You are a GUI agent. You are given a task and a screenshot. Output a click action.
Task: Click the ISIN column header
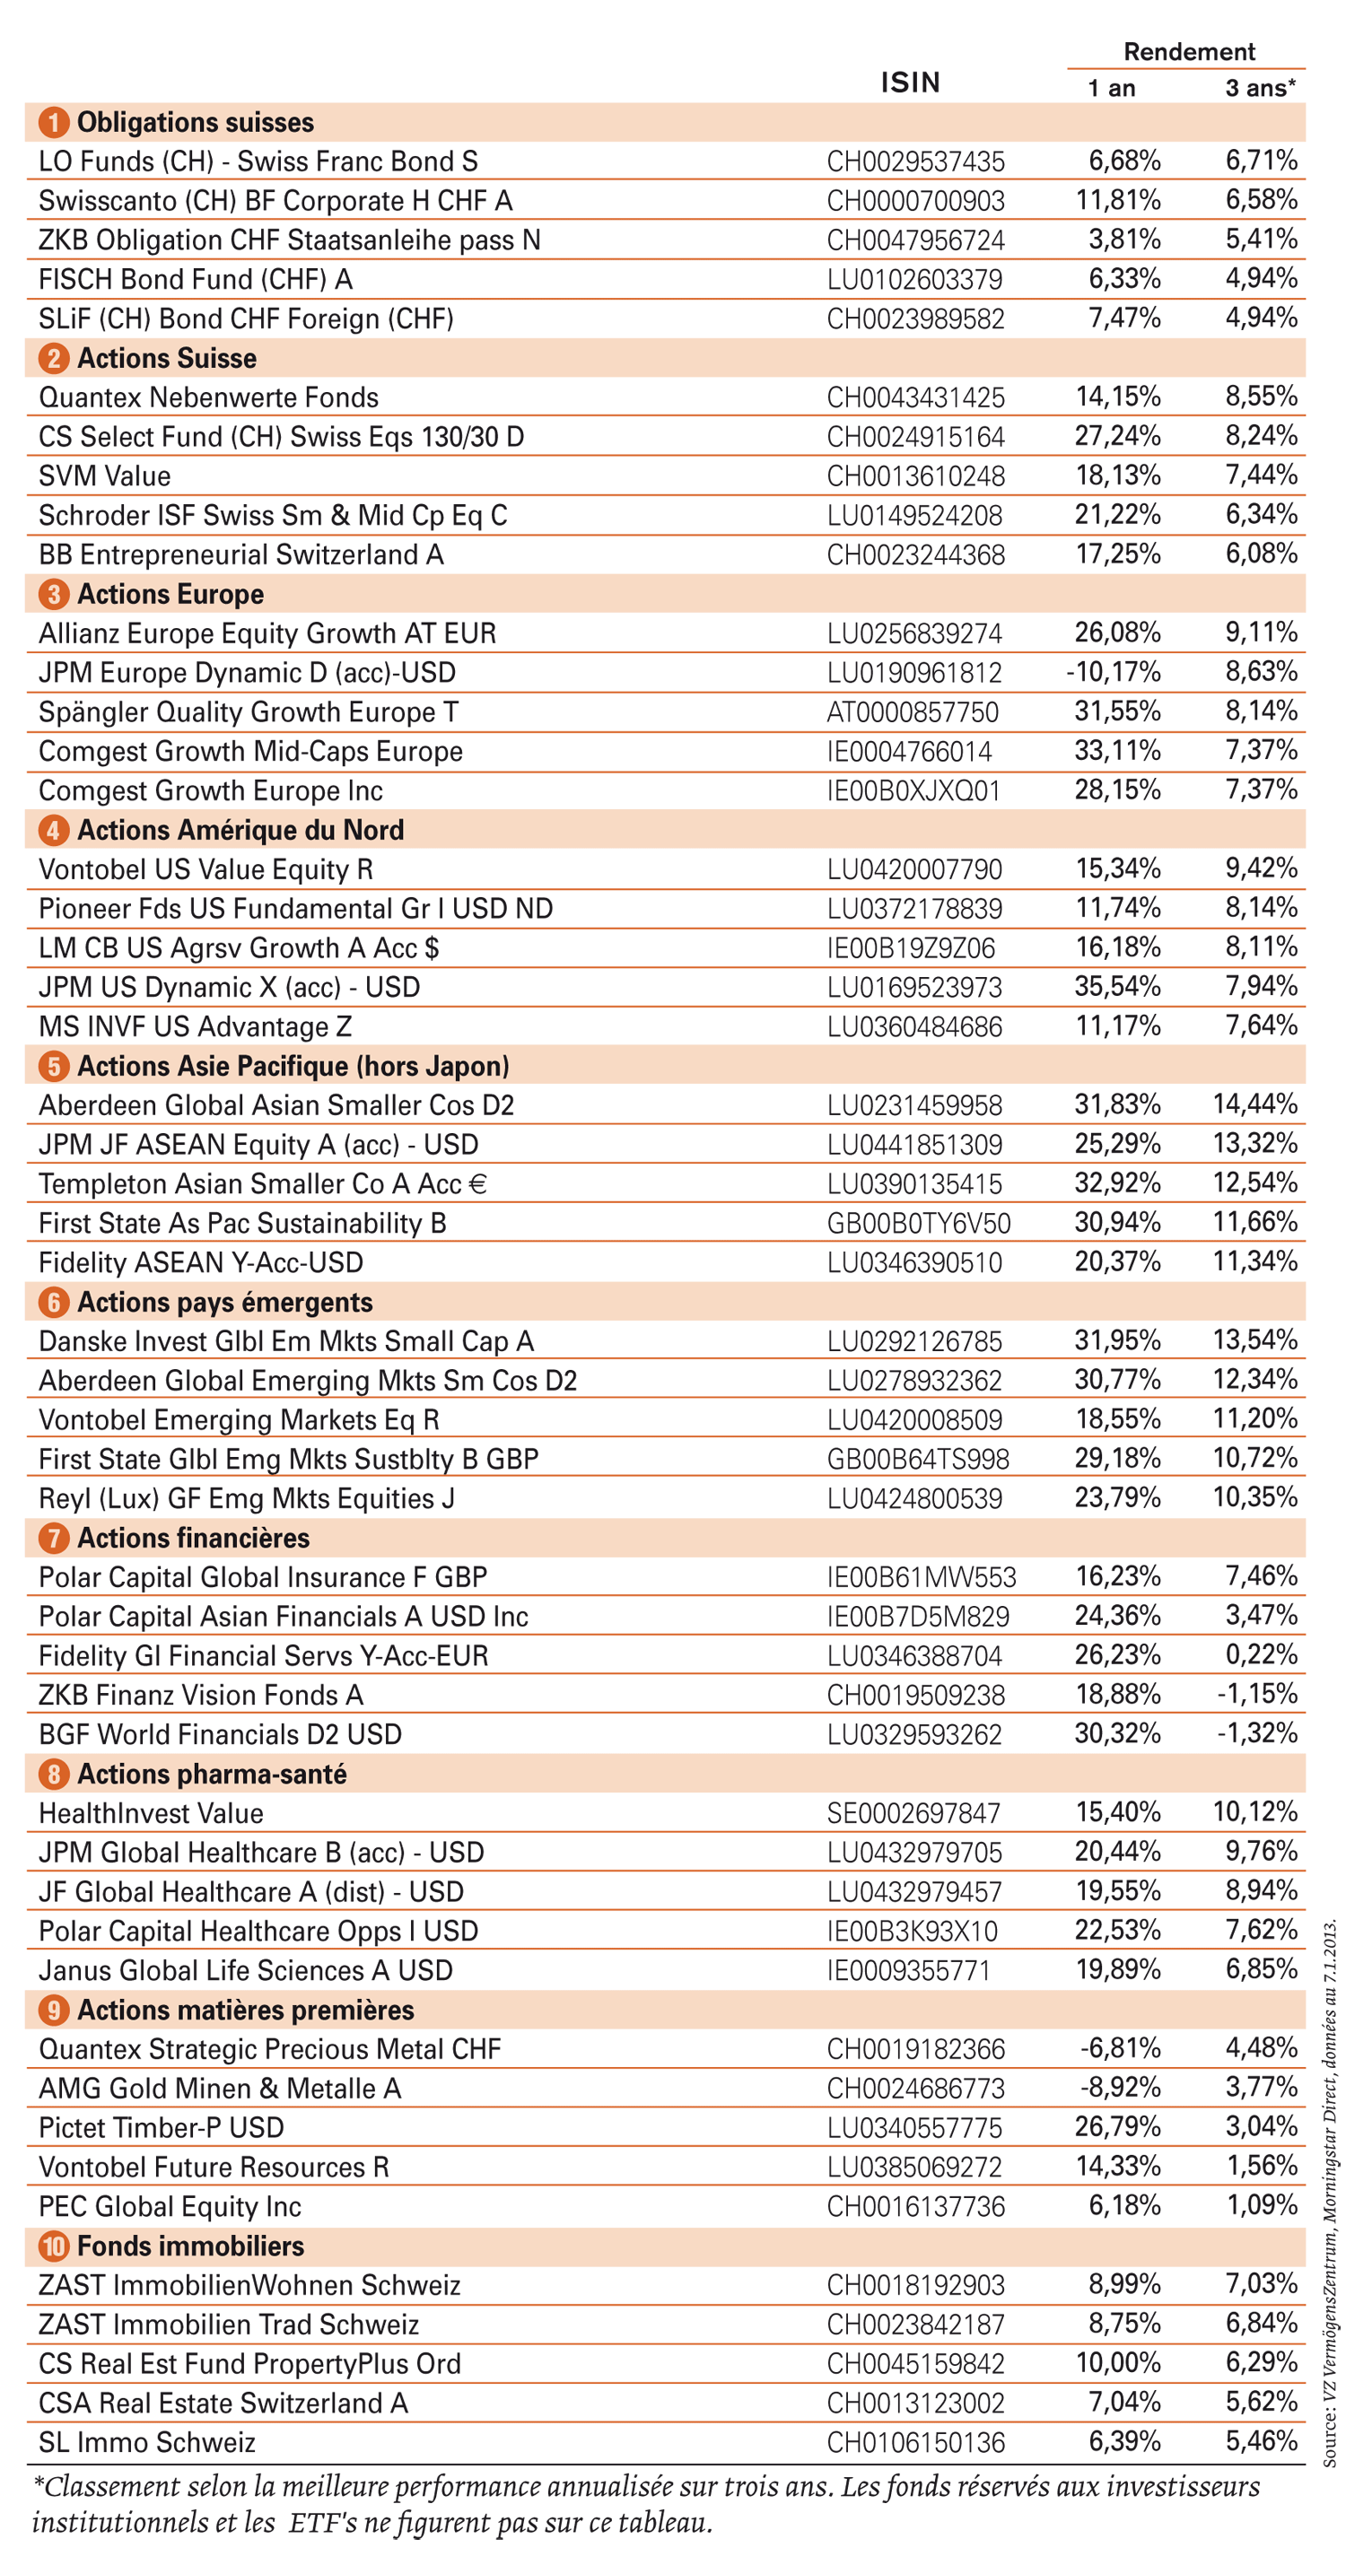pyautogui.click(x=910, y=83)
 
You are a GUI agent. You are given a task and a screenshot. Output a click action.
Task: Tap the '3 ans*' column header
pyautogui.click(x=1261, y=88)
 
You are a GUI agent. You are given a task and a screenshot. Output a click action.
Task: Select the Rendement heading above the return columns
pyautogui.click(x=1189, y=52)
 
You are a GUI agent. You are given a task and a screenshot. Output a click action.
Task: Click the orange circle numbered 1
pyautogui.click(x=53, y=123)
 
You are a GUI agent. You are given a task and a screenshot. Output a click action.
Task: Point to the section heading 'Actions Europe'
pyautogui.click(x=170, y=595)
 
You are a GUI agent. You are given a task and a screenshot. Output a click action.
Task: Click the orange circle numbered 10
pyautogui.click(x=53, y=2246)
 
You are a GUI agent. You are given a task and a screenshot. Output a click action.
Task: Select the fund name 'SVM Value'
pyautogui.click(x=104, y=476)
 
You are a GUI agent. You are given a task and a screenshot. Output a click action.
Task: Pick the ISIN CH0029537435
pyautogui.click(x=915, y=161)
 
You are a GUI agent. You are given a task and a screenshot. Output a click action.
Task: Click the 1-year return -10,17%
pyautogui.click(x=1113, y=672)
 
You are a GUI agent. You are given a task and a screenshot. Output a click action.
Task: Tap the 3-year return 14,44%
pyautogui.click(x=1254, y=1104)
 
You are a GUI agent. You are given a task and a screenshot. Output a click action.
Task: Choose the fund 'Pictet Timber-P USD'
pyautogui.click(x=162, y=2127)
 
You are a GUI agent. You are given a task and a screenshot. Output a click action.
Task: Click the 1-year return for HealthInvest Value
pyautogui.click(x=1118, y=1811)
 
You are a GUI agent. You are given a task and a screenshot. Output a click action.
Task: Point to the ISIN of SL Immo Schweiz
pyautogui.click(x=915, y=2441)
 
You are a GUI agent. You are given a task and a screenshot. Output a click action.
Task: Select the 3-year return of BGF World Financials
pyautogui.click(x=1257, y=1732)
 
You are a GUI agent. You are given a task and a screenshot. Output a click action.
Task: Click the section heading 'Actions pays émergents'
pyautogui.click(x=225, y=1303)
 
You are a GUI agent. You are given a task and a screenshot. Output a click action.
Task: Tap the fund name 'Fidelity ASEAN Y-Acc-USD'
pyautogui.click(x=201, y=1262)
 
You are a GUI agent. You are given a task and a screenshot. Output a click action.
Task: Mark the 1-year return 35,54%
pyautogui.click(x=1117, y=986)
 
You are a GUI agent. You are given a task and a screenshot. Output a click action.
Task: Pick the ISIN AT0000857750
pyautogui.click(x=912, y=712)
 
